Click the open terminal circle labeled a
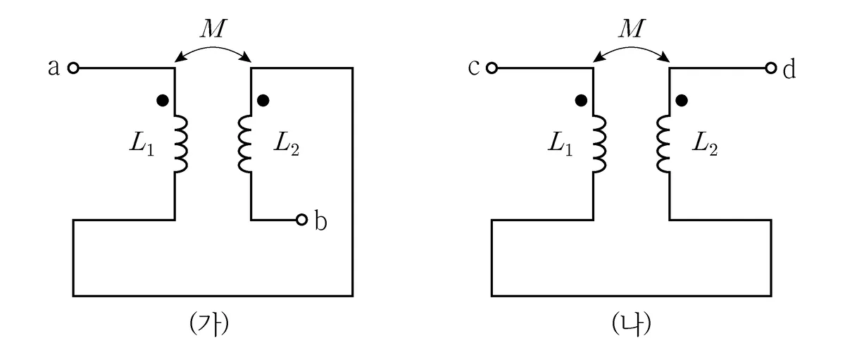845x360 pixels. click(x=73, y=68)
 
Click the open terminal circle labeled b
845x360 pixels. click(x=301, y=220)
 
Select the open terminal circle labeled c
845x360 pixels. click(x=492, y=68)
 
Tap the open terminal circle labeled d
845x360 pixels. click(x=771, y=68)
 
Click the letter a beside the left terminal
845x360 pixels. click(x=54, y=68)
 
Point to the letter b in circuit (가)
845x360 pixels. click(x=320, y=221)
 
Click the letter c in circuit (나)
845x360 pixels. click(x=474, y=68)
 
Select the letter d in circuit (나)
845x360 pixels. click(x=789, y=68)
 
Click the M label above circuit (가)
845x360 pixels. click(x=213, y=28)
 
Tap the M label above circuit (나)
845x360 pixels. click(x=632, y=28)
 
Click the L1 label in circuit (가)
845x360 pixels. click(x=142, y=144)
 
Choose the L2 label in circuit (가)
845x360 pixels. click(x=287, y=144)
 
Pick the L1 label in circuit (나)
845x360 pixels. click(x=561, y=144)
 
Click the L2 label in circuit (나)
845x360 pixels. click(x=705, y=144)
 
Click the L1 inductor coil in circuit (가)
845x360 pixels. click(x=181, y=144)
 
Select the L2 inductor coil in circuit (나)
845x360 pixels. click(x=663, y=144)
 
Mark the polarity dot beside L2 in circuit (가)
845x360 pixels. click(x=263, y=100)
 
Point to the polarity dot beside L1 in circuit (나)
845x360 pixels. click(x=581, y=100)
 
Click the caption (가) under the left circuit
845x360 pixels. click(x=209, y=324)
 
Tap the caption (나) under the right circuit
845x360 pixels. click(x=632, y=324)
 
